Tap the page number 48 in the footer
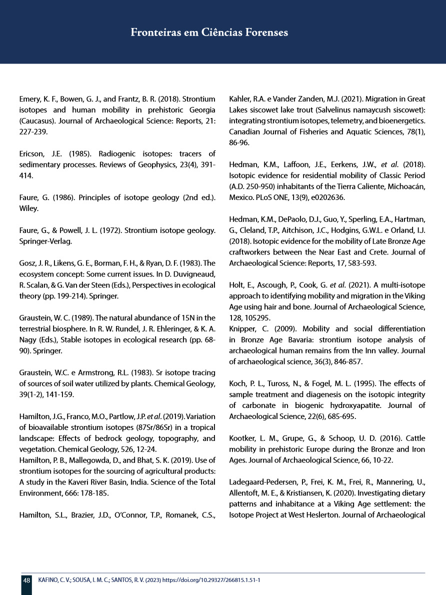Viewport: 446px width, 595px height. tap(26, 580)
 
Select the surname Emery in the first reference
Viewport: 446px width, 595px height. tap(29, 99)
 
